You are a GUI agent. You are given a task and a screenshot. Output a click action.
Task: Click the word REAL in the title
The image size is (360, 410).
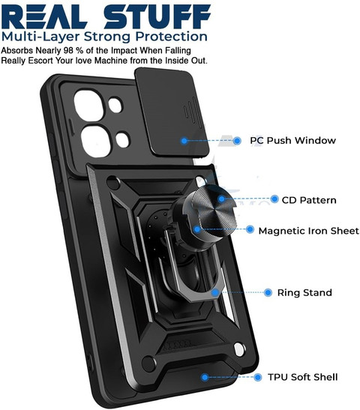44,16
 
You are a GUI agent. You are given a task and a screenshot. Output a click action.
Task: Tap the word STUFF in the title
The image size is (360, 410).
157,16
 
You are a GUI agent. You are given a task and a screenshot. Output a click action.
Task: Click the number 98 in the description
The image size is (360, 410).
69,50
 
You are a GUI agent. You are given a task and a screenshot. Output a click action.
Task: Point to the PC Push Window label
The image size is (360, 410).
292,140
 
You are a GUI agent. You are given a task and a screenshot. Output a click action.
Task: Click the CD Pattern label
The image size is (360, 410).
309,200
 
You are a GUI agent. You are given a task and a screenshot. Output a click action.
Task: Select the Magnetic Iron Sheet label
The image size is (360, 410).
309,231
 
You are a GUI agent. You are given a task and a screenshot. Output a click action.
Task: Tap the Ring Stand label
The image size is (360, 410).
304,292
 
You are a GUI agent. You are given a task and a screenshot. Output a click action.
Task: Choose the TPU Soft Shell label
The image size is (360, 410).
303,377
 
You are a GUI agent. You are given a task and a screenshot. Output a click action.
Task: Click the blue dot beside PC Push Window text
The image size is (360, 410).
237,141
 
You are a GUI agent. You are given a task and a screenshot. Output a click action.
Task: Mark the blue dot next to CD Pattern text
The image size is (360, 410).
274,199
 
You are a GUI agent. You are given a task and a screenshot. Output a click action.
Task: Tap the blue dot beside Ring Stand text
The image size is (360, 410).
268,292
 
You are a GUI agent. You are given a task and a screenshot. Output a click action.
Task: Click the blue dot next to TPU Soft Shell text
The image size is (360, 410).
258,377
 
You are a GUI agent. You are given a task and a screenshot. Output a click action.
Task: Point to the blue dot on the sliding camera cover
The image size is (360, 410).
184,141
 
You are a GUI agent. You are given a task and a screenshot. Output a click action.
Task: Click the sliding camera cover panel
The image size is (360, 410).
171,112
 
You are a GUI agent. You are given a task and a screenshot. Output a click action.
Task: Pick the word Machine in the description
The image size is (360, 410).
112,61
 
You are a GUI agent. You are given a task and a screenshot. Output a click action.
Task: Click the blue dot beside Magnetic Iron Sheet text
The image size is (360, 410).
250,229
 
